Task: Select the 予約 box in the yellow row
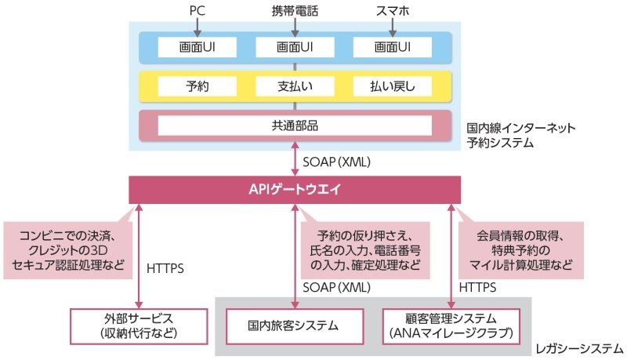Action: [x=197, y=86]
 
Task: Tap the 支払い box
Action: [x=295, y=86]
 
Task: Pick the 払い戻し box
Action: [x=392, y=86]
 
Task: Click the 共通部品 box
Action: [x=295, y=125]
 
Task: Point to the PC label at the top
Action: [x=198, y=12]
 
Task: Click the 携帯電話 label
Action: [x=295, y=12]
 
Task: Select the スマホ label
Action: [x=392, y=12]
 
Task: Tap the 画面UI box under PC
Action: [x=197, y=47]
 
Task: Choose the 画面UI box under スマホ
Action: [x=392, y=47]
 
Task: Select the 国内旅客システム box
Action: [x=295, y=325]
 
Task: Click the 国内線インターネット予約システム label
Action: [x=520, y=135]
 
